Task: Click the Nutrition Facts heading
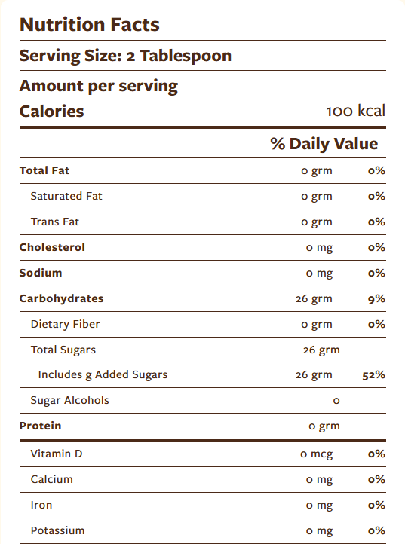(x=89, y=24)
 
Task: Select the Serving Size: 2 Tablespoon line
(x=125, y=56)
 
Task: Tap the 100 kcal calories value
(x=355, y=112)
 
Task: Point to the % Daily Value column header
(x=324, y=144)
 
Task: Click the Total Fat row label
(x=44, y=170)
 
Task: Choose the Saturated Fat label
(x=66, y=196)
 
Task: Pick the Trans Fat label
(x=54, y=222)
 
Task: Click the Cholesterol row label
(x=52, y=247)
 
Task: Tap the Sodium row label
(x=41, y=273)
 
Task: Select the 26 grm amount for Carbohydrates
(x=314, y=298)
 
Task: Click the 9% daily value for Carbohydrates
(x=376, y=298)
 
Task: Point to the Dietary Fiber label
(x=65, y=324)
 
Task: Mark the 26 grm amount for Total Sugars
(x=321, y=350)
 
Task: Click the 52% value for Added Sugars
(x=374, y=374)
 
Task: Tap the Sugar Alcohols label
(x=69, y=400)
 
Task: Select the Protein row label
(x=40, y=426)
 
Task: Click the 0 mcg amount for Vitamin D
(x=316, y=454)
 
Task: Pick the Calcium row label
(x=52, y=479)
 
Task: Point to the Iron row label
(x=41, y=505)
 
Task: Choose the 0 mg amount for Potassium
(x=319, y=530)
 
